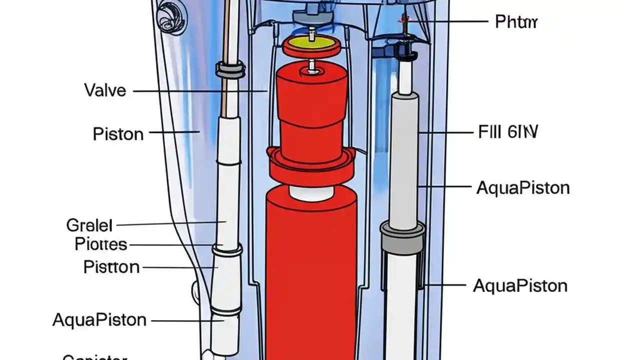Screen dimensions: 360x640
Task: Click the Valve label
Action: [x=105, y=90]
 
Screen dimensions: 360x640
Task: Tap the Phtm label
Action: [x=516, y=22]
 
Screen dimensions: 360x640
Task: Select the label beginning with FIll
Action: [x=507, y=132]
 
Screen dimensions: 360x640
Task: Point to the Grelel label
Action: [x=89, y=225]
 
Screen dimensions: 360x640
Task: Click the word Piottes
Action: [x=101, y=244]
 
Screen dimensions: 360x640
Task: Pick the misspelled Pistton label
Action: [x=111, y=267]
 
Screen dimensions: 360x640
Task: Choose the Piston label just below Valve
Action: [x=118, y=134]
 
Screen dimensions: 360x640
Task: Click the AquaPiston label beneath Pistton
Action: [x=99, y=319]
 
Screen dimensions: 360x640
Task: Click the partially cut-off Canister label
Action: [x=95, y=357]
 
